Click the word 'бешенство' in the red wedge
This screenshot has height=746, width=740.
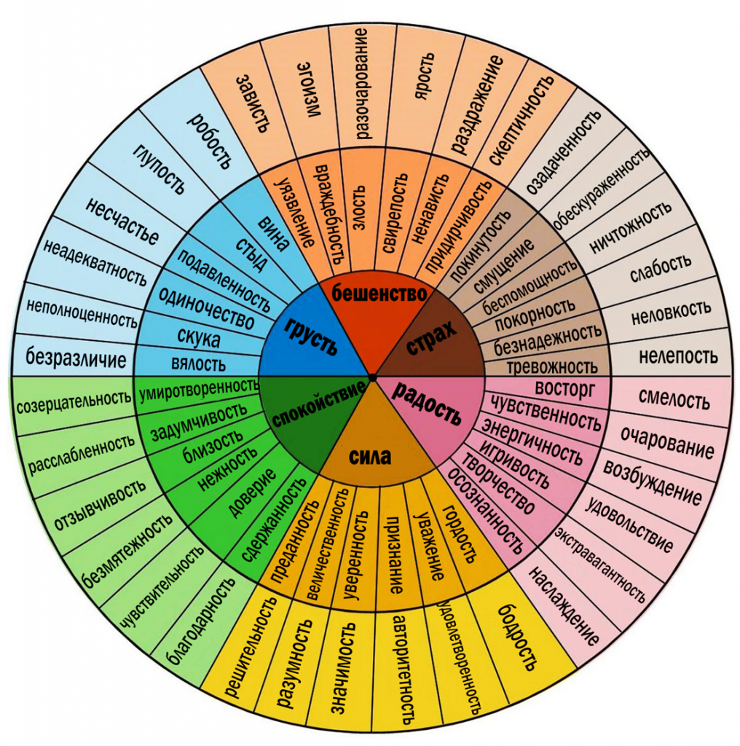pos(379,293)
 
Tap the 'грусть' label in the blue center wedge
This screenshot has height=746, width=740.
pos(311,335)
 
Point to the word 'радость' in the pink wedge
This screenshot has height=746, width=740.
pos(427,404)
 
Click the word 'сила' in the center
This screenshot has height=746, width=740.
pos(370,456)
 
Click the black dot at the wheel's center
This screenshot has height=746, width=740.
pos(372,377)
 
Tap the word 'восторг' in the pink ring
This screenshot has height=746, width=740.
pos(564,389)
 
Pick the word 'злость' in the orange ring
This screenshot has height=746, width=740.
pos(358,208)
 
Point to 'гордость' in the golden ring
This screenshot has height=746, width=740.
pos(460,533)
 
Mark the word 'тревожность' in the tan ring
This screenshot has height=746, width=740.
pos(551,367)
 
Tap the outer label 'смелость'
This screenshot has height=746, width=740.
pos(674,398)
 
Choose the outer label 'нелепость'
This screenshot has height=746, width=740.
pos(677,356)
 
